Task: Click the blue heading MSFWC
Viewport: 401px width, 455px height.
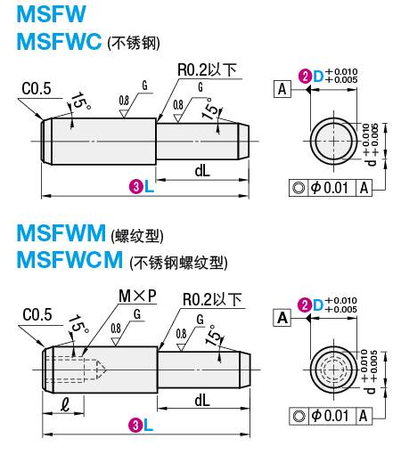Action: pos(58,42)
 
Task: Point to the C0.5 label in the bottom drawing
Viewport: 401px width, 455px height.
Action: pos(37,314)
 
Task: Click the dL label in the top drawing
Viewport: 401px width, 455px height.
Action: pos(202,170)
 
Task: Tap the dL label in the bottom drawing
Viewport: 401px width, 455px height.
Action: pos(202,401)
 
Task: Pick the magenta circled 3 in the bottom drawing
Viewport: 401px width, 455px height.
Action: pos(135,425)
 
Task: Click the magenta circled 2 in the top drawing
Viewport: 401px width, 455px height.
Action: pos(305,77)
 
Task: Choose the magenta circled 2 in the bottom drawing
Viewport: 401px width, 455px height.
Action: pos(305,305)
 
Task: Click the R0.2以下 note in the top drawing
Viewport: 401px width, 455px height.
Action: pos(207,69)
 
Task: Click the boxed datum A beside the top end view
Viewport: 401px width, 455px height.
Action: pos(282,89)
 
